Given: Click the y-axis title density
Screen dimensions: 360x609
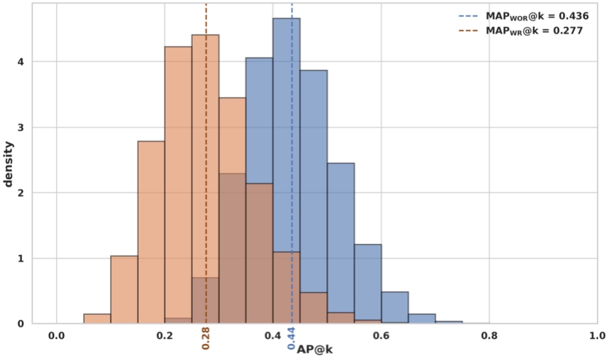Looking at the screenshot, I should click(9, 163).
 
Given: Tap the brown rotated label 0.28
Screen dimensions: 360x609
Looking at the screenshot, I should click(206, 337).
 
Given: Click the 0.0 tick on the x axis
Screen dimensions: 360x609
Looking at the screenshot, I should click(56, 336).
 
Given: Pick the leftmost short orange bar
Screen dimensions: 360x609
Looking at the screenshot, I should click(97, 318).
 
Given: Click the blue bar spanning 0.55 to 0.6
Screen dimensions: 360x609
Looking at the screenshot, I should click(368, 284).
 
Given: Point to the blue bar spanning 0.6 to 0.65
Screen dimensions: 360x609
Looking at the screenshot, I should click(395, 308).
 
